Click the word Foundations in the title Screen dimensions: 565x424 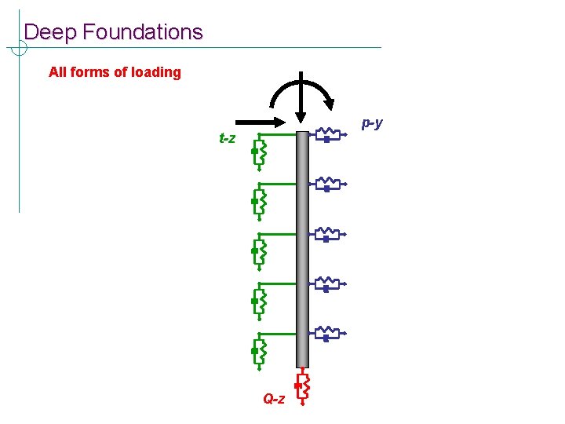click(142, 32)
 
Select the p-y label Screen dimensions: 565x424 click(372, 122)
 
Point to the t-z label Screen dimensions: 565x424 click(227, 139)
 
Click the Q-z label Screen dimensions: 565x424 click(274, 399)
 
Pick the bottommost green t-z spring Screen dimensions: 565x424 click(260, 352)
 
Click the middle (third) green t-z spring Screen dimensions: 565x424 click(260, 251)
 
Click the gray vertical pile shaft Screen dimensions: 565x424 click(303, 251)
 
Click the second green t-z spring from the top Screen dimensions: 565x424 click(260, 202)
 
